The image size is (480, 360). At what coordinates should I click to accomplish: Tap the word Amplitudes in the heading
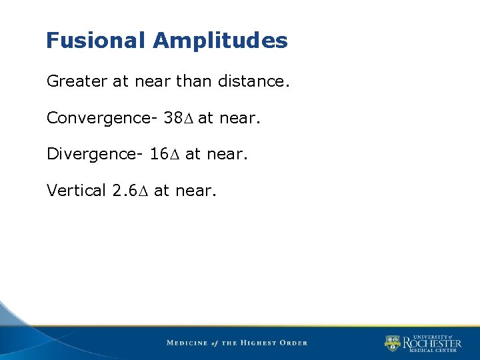[220, 41]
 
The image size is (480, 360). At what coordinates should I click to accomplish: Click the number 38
[173, 118]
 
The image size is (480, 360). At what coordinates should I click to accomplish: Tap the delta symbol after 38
[189, 119]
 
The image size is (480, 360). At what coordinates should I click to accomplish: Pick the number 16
[159, 154]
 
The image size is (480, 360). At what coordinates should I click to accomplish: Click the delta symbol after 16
[175, 155]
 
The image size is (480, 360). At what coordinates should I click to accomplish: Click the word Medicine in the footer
[187, 343]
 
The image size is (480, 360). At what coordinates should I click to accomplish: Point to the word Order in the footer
[294, 343]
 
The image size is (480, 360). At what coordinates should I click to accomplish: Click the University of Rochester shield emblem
[393, 343]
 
